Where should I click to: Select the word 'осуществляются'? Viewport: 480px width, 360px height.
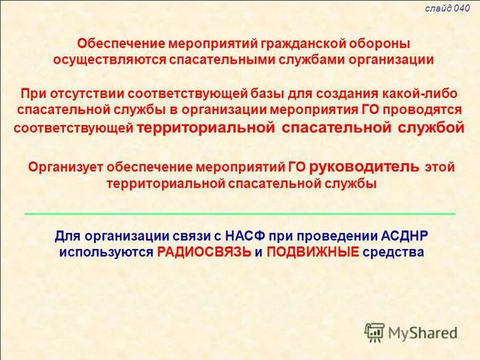[x=106, y=60]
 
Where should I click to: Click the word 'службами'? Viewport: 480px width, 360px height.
[x=305, y=60]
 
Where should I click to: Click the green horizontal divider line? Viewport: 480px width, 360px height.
[x=240, y=214]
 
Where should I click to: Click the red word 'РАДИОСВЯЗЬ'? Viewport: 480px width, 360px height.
[x=203, y=252]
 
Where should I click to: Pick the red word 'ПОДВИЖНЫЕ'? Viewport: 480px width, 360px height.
[x=313, y=252]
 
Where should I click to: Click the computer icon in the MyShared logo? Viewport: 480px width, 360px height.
[x=375, y=332]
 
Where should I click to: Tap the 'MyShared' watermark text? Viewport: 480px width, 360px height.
[x=422, y=332]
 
